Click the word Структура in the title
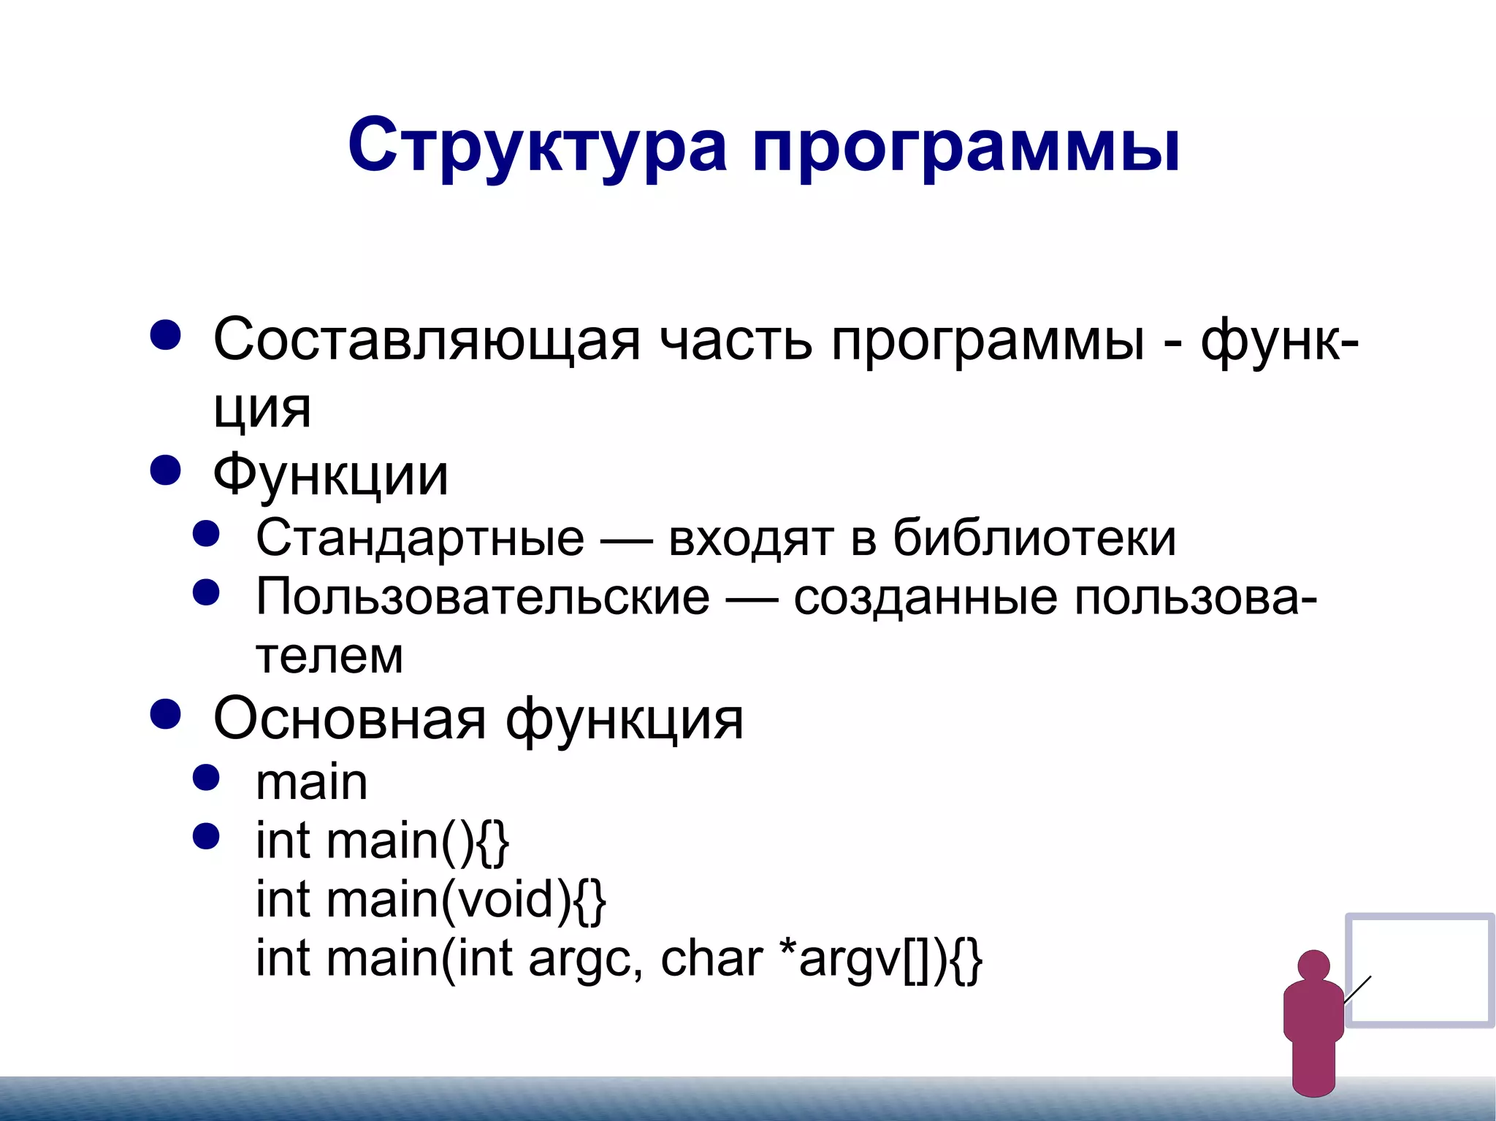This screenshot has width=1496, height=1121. pos(537,146)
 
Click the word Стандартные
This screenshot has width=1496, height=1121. pos(420,538)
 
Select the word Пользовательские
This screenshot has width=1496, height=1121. pos(482,597)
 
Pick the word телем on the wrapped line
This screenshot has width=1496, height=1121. pos(329,656)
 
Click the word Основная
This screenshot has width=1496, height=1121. pos(349,719)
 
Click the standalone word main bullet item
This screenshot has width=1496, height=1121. pos(311,782)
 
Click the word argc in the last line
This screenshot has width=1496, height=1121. pos(579,959)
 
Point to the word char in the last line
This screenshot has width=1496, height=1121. pos(711,959)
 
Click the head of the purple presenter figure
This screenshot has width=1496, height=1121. pos(1313,965)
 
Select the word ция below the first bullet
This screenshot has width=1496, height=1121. pos(262,409)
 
